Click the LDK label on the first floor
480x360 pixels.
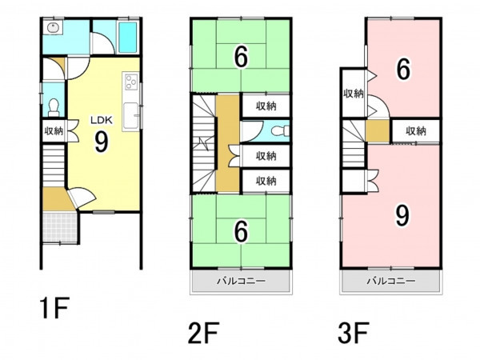click(x=102, y=120)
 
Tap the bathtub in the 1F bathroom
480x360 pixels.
click(x=127, y=38)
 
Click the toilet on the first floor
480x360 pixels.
click(x=54, y=107)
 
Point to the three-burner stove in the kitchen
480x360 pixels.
click(x=131, y=82)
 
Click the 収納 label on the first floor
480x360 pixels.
click(x=54, y=131)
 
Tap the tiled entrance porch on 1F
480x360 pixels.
click(x=60, y=227)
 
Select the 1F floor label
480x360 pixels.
click(x=54, y=308)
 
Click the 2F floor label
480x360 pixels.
click(x=203, y=333)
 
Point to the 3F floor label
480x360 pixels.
click(x=354, y=333)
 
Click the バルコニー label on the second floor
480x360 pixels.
click(x=242, y=281)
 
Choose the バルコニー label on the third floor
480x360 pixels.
click(x=391, y=281)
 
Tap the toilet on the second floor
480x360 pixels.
click(x=281, y=131)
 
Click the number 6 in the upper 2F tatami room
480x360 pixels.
click(x=242, y=58)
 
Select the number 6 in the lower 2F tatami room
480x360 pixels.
click(x=242, y=232)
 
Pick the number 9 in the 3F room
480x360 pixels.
click(x=402, y=215)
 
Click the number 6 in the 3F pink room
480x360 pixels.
click(x=403, y=69)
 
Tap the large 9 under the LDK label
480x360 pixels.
click(x=102, y=142)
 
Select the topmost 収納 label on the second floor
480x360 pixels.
click(x=266, y=106)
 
